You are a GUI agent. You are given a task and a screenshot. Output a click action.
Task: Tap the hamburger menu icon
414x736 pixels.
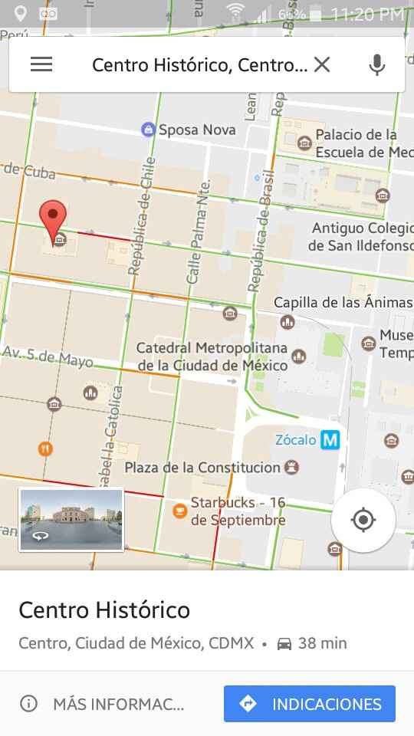coord(41,64)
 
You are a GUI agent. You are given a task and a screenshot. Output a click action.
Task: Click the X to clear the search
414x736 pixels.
coord(322,64)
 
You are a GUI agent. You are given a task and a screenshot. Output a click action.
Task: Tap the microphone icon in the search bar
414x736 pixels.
coord(376,64)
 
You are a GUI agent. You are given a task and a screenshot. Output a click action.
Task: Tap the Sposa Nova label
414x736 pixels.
coord(196,130)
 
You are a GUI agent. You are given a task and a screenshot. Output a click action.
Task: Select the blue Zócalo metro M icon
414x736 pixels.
coord(330,440)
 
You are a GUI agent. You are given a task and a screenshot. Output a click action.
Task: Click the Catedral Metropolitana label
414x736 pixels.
coord(212,356)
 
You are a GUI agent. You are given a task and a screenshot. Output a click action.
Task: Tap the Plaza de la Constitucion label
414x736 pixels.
coord(202,467)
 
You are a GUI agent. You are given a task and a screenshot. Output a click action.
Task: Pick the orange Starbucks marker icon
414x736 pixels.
coord(179,510)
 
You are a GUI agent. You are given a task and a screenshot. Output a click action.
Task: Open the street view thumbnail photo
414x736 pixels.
coord(71,520)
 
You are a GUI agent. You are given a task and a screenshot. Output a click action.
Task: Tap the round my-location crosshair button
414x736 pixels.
coord(363,521)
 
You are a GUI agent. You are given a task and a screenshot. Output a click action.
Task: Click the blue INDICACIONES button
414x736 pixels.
coord(310,704)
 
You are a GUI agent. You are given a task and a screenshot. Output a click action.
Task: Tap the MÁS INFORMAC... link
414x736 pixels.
coord(117,704)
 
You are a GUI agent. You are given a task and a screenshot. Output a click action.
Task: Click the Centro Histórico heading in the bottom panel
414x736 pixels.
coord(104,610)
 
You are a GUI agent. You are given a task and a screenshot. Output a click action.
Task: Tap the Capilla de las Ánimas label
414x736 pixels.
coord(343,302)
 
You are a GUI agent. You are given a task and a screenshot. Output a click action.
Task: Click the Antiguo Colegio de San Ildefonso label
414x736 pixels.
coord(360,237)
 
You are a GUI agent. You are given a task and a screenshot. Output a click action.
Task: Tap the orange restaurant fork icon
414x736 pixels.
coord(46,449)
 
